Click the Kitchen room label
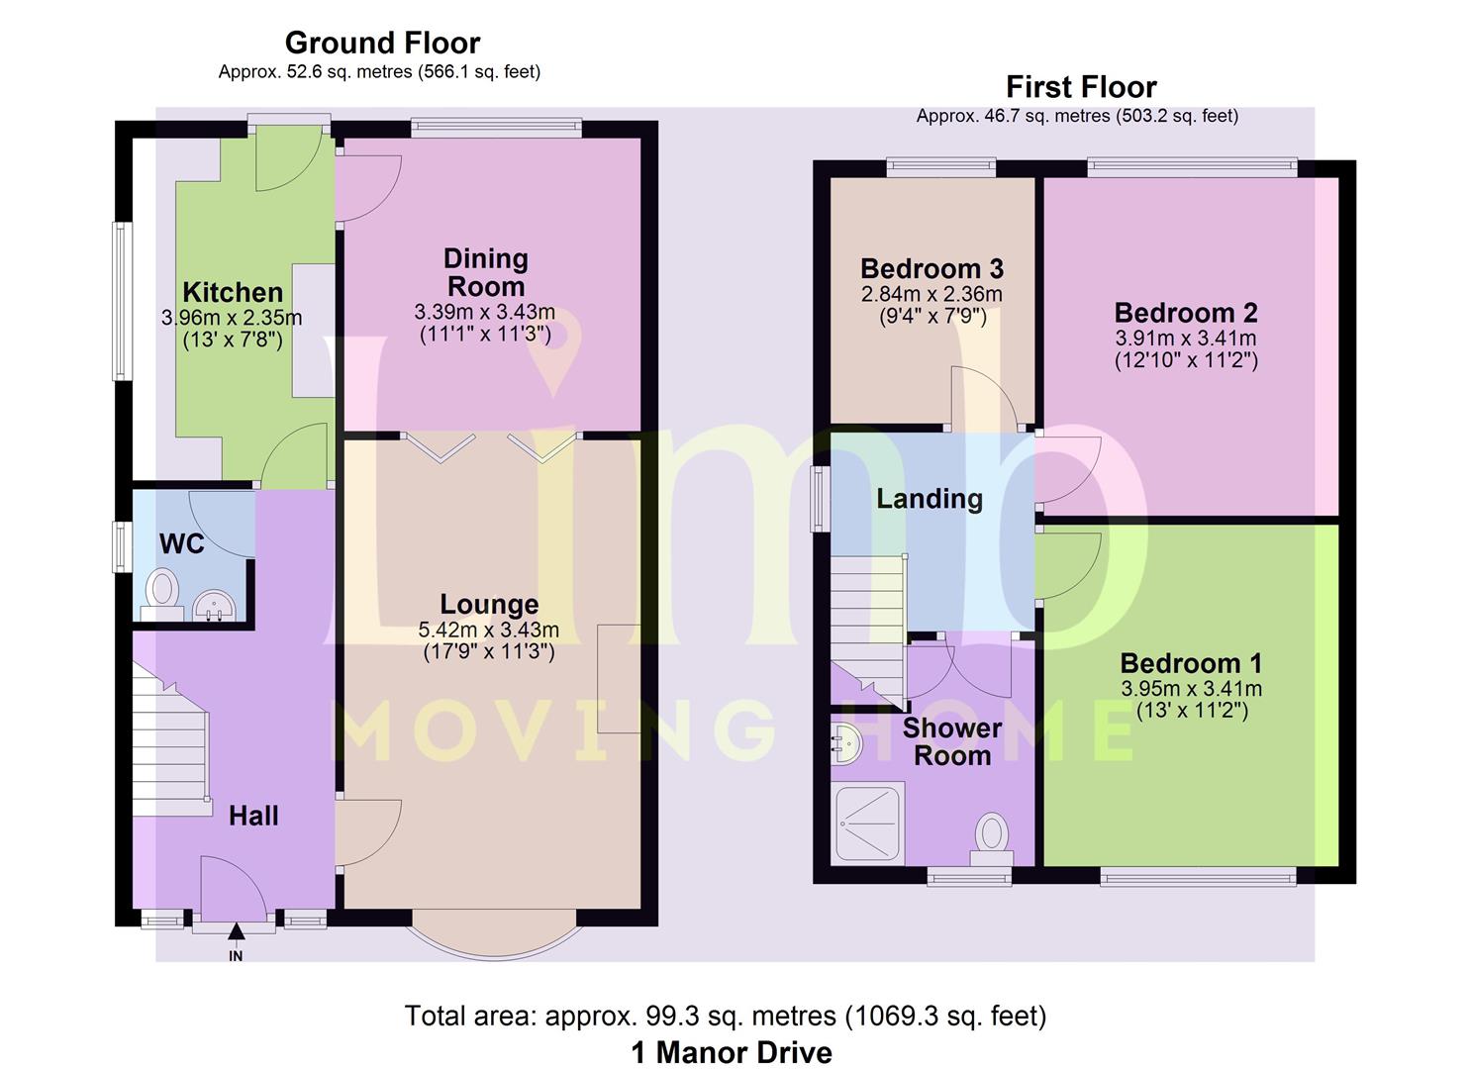[x=233, y=292]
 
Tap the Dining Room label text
[x=486, y=272]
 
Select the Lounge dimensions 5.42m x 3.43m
[x=489, y=630]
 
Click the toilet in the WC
[x=161, y=594]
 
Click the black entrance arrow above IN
[x=237, y=931]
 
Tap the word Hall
[x=253, y=816]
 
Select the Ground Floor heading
[x=382, y=44]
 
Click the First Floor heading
[x=1082, y=87]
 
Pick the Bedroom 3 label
[x=931, y=268]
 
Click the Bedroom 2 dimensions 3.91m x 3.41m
[x=1186, y=339]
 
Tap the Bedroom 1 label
[x=1191, y=663]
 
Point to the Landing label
[x=930, y=499]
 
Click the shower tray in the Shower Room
[x=867, y=823]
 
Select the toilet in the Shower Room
[x=992, y=839]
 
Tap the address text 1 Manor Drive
[x=732, y=1052]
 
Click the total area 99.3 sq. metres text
[x=726, y=1016]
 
